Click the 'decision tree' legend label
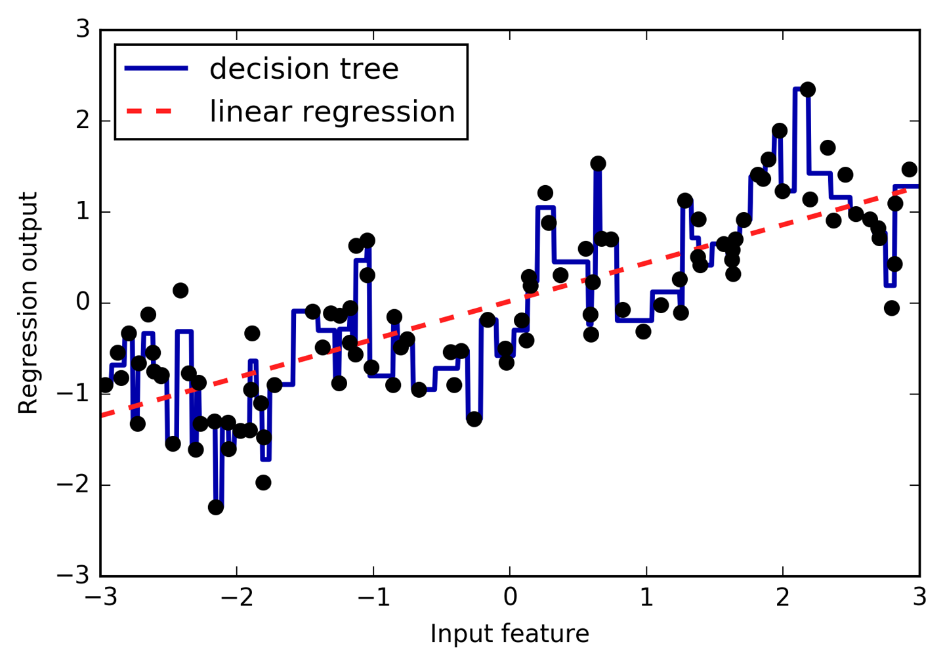tap(304, 69)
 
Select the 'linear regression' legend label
tap(332, 112)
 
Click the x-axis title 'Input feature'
tap(509, 634)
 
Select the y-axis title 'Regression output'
tap(28, 303)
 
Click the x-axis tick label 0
tap(510, 597)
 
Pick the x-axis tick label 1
tap(646, 597)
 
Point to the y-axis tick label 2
tap(83, 121)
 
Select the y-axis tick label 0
tap(83, 303)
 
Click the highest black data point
tap(808, 89)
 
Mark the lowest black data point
tap(216, 507)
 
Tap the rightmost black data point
tap(909, 169)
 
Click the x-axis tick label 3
tap(919, 597)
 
